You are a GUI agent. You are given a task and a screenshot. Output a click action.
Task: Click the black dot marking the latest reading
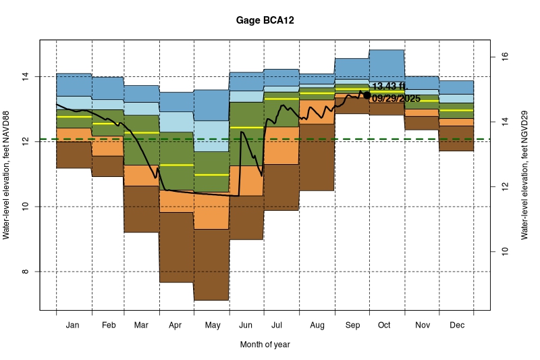[367, 95]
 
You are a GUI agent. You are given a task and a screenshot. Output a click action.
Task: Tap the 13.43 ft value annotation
[389, 86]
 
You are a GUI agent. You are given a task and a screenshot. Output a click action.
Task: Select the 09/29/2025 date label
[396, 99]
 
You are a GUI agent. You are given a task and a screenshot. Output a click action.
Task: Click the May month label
[212, 326]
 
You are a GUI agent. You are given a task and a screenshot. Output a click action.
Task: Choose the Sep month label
[351, 326]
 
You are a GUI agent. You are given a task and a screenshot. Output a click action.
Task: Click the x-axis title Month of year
[265, 344]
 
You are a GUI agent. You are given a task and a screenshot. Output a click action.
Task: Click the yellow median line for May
[211, 175]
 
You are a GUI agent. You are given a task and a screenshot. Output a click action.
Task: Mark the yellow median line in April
[176, 165]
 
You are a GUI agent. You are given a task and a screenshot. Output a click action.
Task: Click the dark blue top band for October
[386, 68]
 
